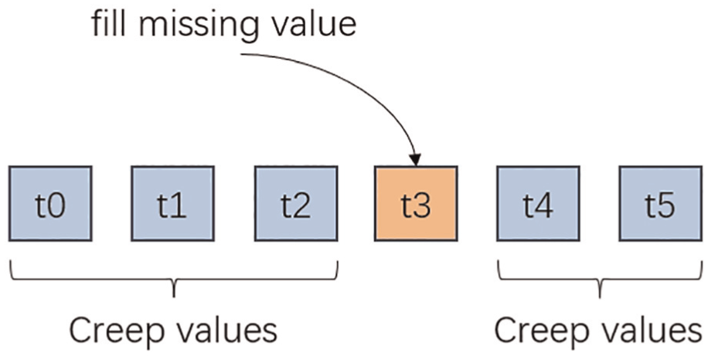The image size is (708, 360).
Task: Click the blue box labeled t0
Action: (50, 203)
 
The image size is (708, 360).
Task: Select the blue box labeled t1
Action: (172, 203)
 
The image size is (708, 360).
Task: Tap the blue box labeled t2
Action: (296, 203)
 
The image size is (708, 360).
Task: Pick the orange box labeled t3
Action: (416, 203)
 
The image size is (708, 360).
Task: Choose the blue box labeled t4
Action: (538, 203)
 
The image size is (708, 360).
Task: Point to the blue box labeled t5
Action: (661, 203)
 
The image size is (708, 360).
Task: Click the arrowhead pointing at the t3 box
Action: (415, 160)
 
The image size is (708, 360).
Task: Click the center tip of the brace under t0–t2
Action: (174, 297)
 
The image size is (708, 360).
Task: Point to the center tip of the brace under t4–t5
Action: (600, 297)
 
